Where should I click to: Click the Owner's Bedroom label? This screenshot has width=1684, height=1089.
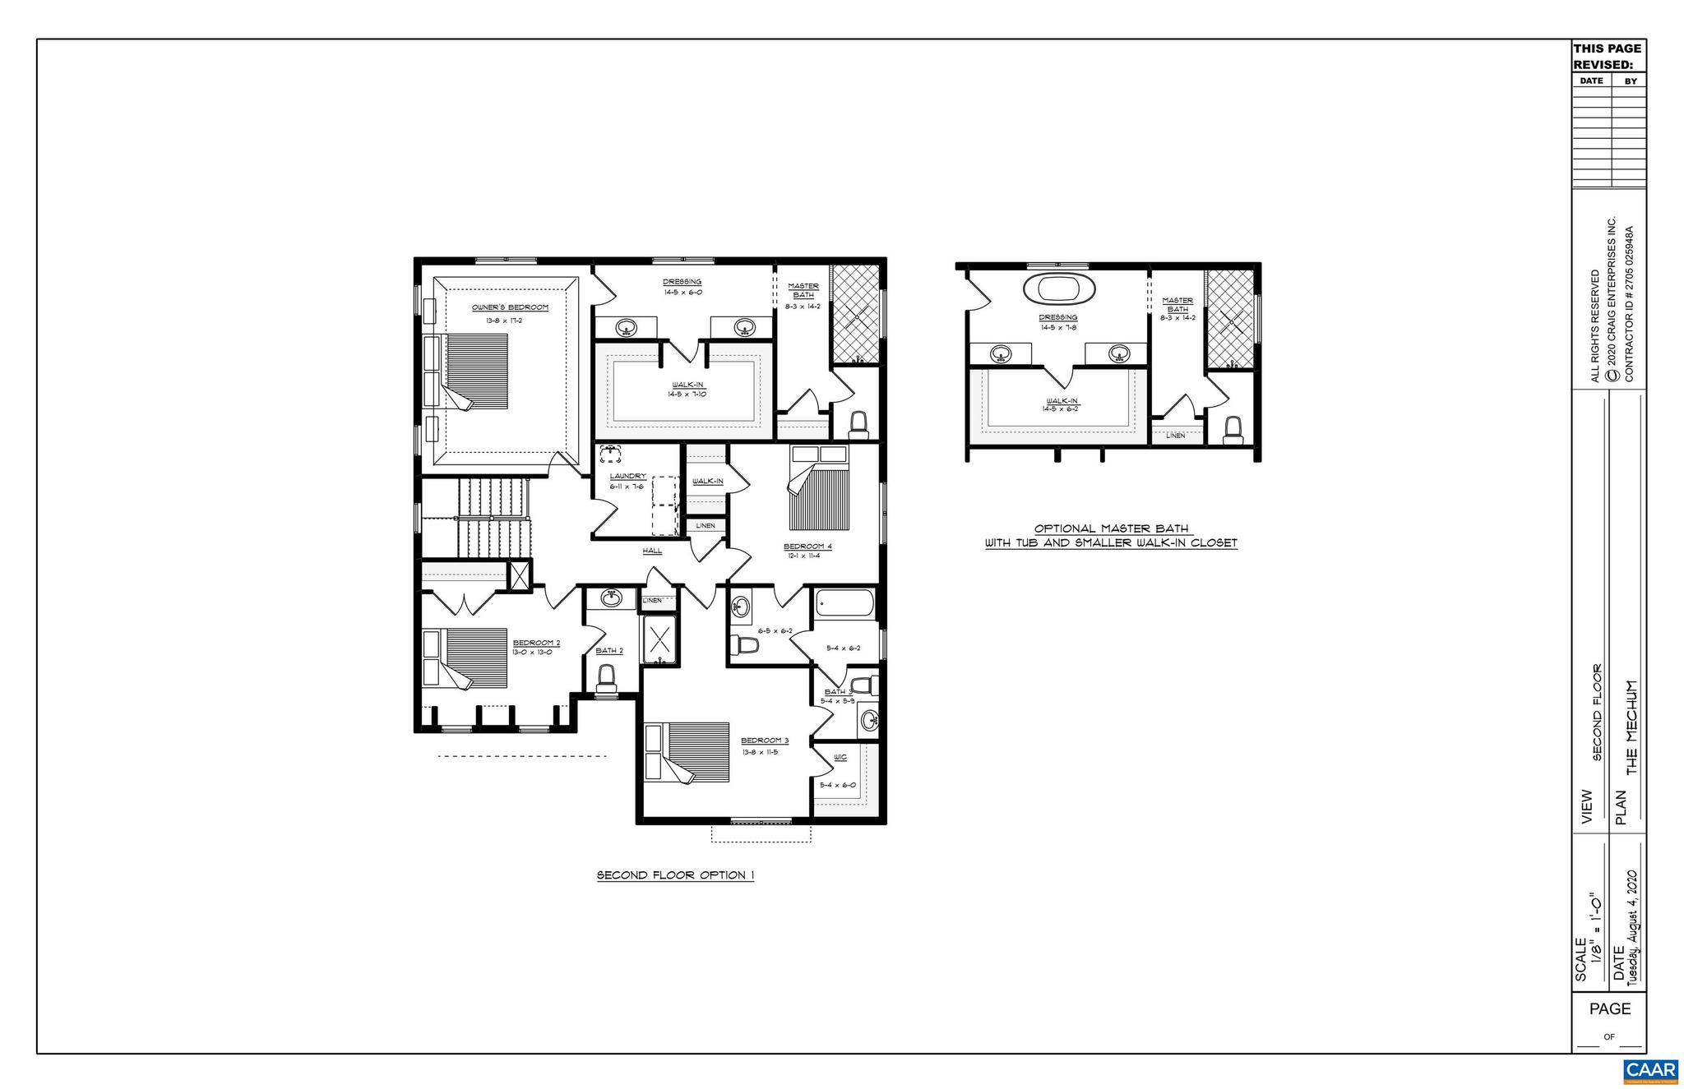tap(510, 307)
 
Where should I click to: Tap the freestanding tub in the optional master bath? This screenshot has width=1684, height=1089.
tap(1053, 289)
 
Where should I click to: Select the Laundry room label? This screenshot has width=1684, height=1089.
tap(627, 477)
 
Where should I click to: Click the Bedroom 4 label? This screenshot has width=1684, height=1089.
tap(807, 547)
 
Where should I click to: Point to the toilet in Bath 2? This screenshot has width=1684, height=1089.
tap(607, 678)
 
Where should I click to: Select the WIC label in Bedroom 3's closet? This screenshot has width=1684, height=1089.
tap(840, 757)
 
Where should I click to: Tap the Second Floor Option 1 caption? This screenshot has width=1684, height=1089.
tap(675, 875)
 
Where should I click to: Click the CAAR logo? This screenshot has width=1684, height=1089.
tap(1650, 1071)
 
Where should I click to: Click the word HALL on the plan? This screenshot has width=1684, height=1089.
tap(652, 551)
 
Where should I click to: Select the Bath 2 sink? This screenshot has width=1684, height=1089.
tap(611, 599)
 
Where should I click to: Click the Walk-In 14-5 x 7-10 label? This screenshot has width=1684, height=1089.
tap(687, 389)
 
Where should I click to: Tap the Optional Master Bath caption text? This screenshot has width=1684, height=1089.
tap(1111, 536)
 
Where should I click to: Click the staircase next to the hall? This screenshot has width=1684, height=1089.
tap(492, 518)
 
